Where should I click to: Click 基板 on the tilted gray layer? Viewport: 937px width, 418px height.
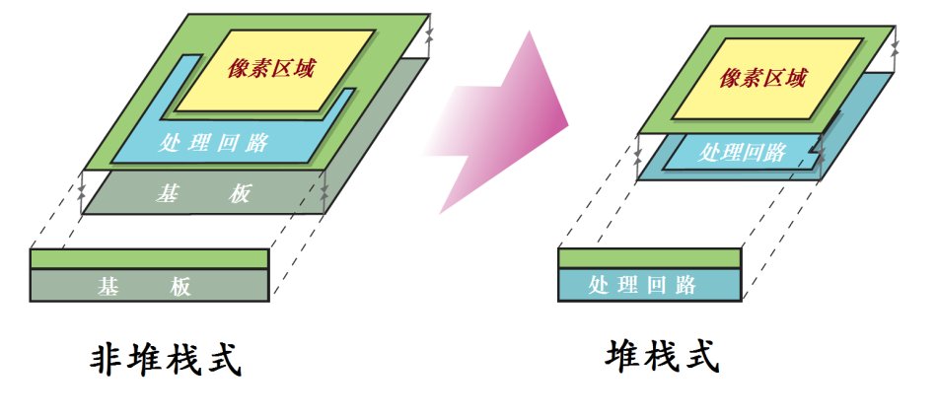point(203,194)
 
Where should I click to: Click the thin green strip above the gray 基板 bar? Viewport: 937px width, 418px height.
point(149,259)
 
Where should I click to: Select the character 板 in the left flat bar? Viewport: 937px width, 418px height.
point(180,287)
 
